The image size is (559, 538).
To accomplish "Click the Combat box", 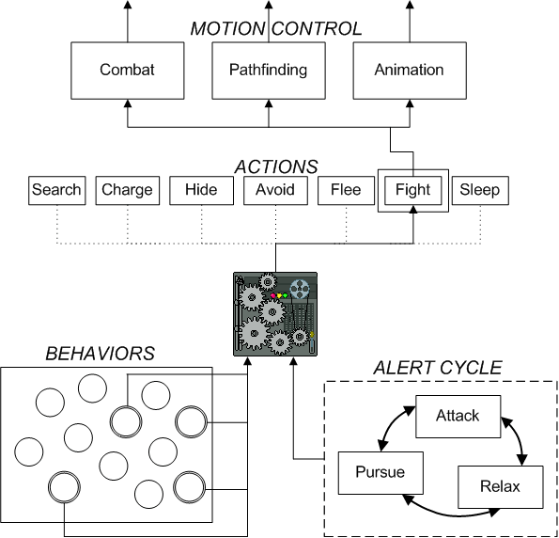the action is pyautogui.click(x=128, y=71).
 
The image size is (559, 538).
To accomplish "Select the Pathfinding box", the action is pyautogui.click(x=269, y=71).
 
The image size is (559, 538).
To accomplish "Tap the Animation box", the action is pyautogui.click(x=410, y=71).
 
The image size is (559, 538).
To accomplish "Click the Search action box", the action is pyautogui.click(x=57, y=191).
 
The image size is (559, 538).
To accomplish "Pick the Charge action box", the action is pyautogui.click(x=128, y=191).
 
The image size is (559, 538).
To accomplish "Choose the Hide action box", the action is pyautogui.click(x=201, y=191).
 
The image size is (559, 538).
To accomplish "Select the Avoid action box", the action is pyautogui.click(x=275, y=191).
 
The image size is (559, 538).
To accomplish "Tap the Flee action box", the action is pyautogui.click(x=346, y=191).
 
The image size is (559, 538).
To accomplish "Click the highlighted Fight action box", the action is pyautogui.click(x=413, y=191).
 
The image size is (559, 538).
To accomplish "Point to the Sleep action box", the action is pyautogui.click(x=480, y=191).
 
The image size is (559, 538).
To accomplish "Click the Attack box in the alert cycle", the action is pyautogui.click(x=458, y=417).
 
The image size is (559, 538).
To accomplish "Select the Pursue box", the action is pyautogui.click(x=380, y=473).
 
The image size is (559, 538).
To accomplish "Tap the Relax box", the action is pyautogui.click(x=501, y=487).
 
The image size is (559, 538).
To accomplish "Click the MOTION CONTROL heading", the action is pyautogui.click(x=276, y=29).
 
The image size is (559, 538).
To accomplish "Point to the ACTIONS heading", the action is pyautogui.click(x=276, y=166).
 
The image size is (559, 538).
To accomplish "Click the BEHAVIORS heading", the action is pyautogui.click(x=101, y=354).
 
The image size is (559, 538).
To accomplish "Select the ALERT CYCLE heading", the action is pyautogui.click(x=438, y=368).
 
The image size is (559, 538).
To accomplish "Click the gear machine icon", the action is pyautogui.click(x=275, y=314).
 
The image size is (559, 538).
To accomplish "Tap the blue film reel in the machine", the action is pyautogui.click(x=300, y=289).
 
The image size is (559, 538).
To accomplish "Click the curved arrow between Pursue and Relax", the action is pyautogui.click(x=451, y=514).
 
